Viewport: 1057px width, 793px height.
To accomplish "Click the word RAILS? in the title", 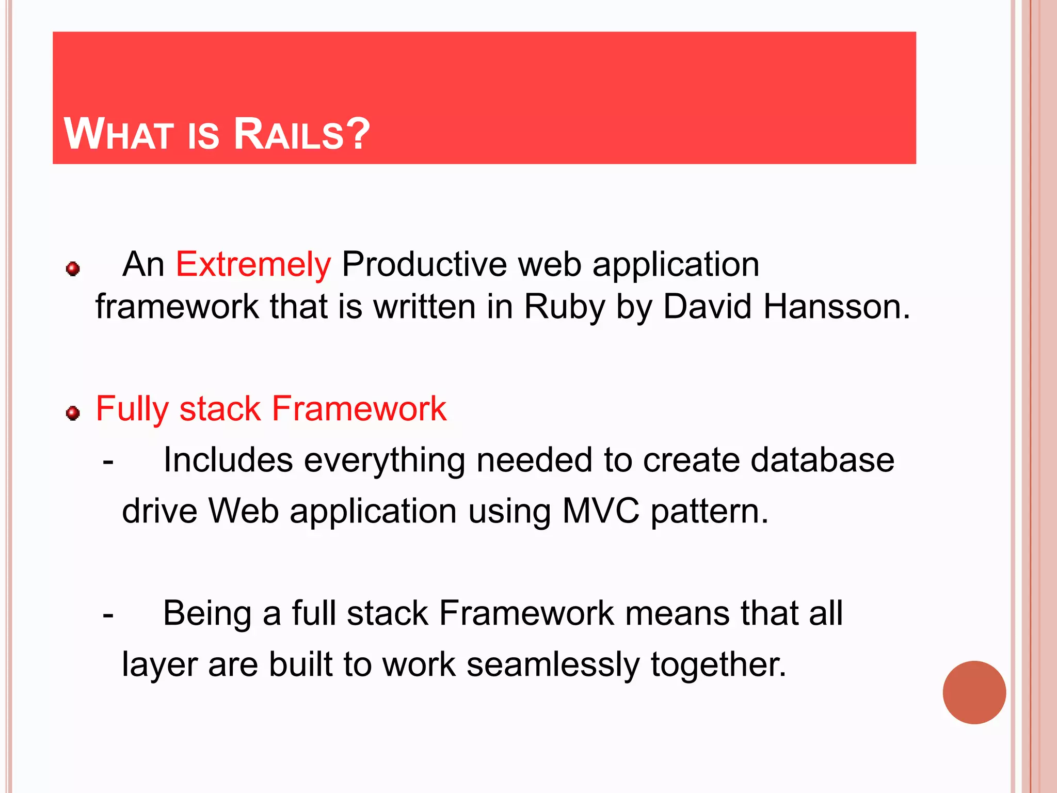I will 302,134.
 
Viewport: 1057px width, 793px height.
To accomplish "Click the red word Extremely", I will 253,264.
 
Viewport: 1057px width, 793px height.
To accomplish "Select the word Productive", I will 424,264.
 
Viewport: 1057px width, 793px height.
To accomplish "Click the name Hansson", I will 837,307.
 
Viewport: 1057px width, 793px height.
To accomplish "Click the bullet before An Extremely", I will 73,269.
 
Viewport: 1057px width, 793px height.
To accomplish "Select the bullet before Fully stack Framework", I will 73,413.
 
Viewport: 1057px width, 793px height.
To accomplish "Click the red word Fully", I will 132,409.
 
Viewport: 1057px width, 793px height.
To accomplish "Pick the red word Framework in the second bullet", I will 359,408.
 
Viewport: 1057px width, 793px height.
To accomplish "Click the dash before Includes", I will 108,461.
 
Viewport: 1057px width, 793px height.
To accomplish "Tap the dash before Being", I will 108,615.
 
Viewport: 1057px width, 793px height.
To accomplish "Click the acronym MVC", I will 600,511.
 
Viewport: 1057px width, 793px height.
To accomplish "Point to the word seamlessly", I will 553,664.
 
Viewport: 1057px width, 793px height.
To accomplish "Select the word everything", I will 384,461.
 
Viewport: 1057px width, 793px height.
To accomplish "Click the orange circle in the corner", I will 974,692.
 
